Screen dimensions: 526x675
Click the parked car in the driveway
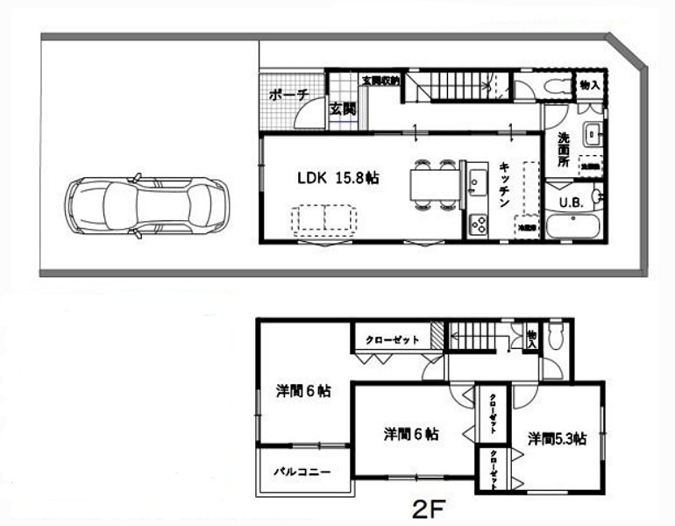coord(147,208)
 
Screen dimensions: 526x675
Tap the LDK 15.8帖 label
coord(337,178)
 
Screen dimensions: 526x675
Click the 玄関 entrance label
coord(343,110)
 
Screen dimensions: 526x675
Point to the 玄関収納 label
coord(380,81)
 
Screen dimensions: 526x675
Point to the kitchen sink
coord(477,182)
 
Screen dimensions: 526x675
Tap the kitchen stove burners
coord(479,225)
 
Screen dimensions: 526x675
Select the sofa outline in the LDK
coord(324,218)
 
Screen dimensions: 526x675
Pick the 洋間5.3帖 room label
coord(558,437)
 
